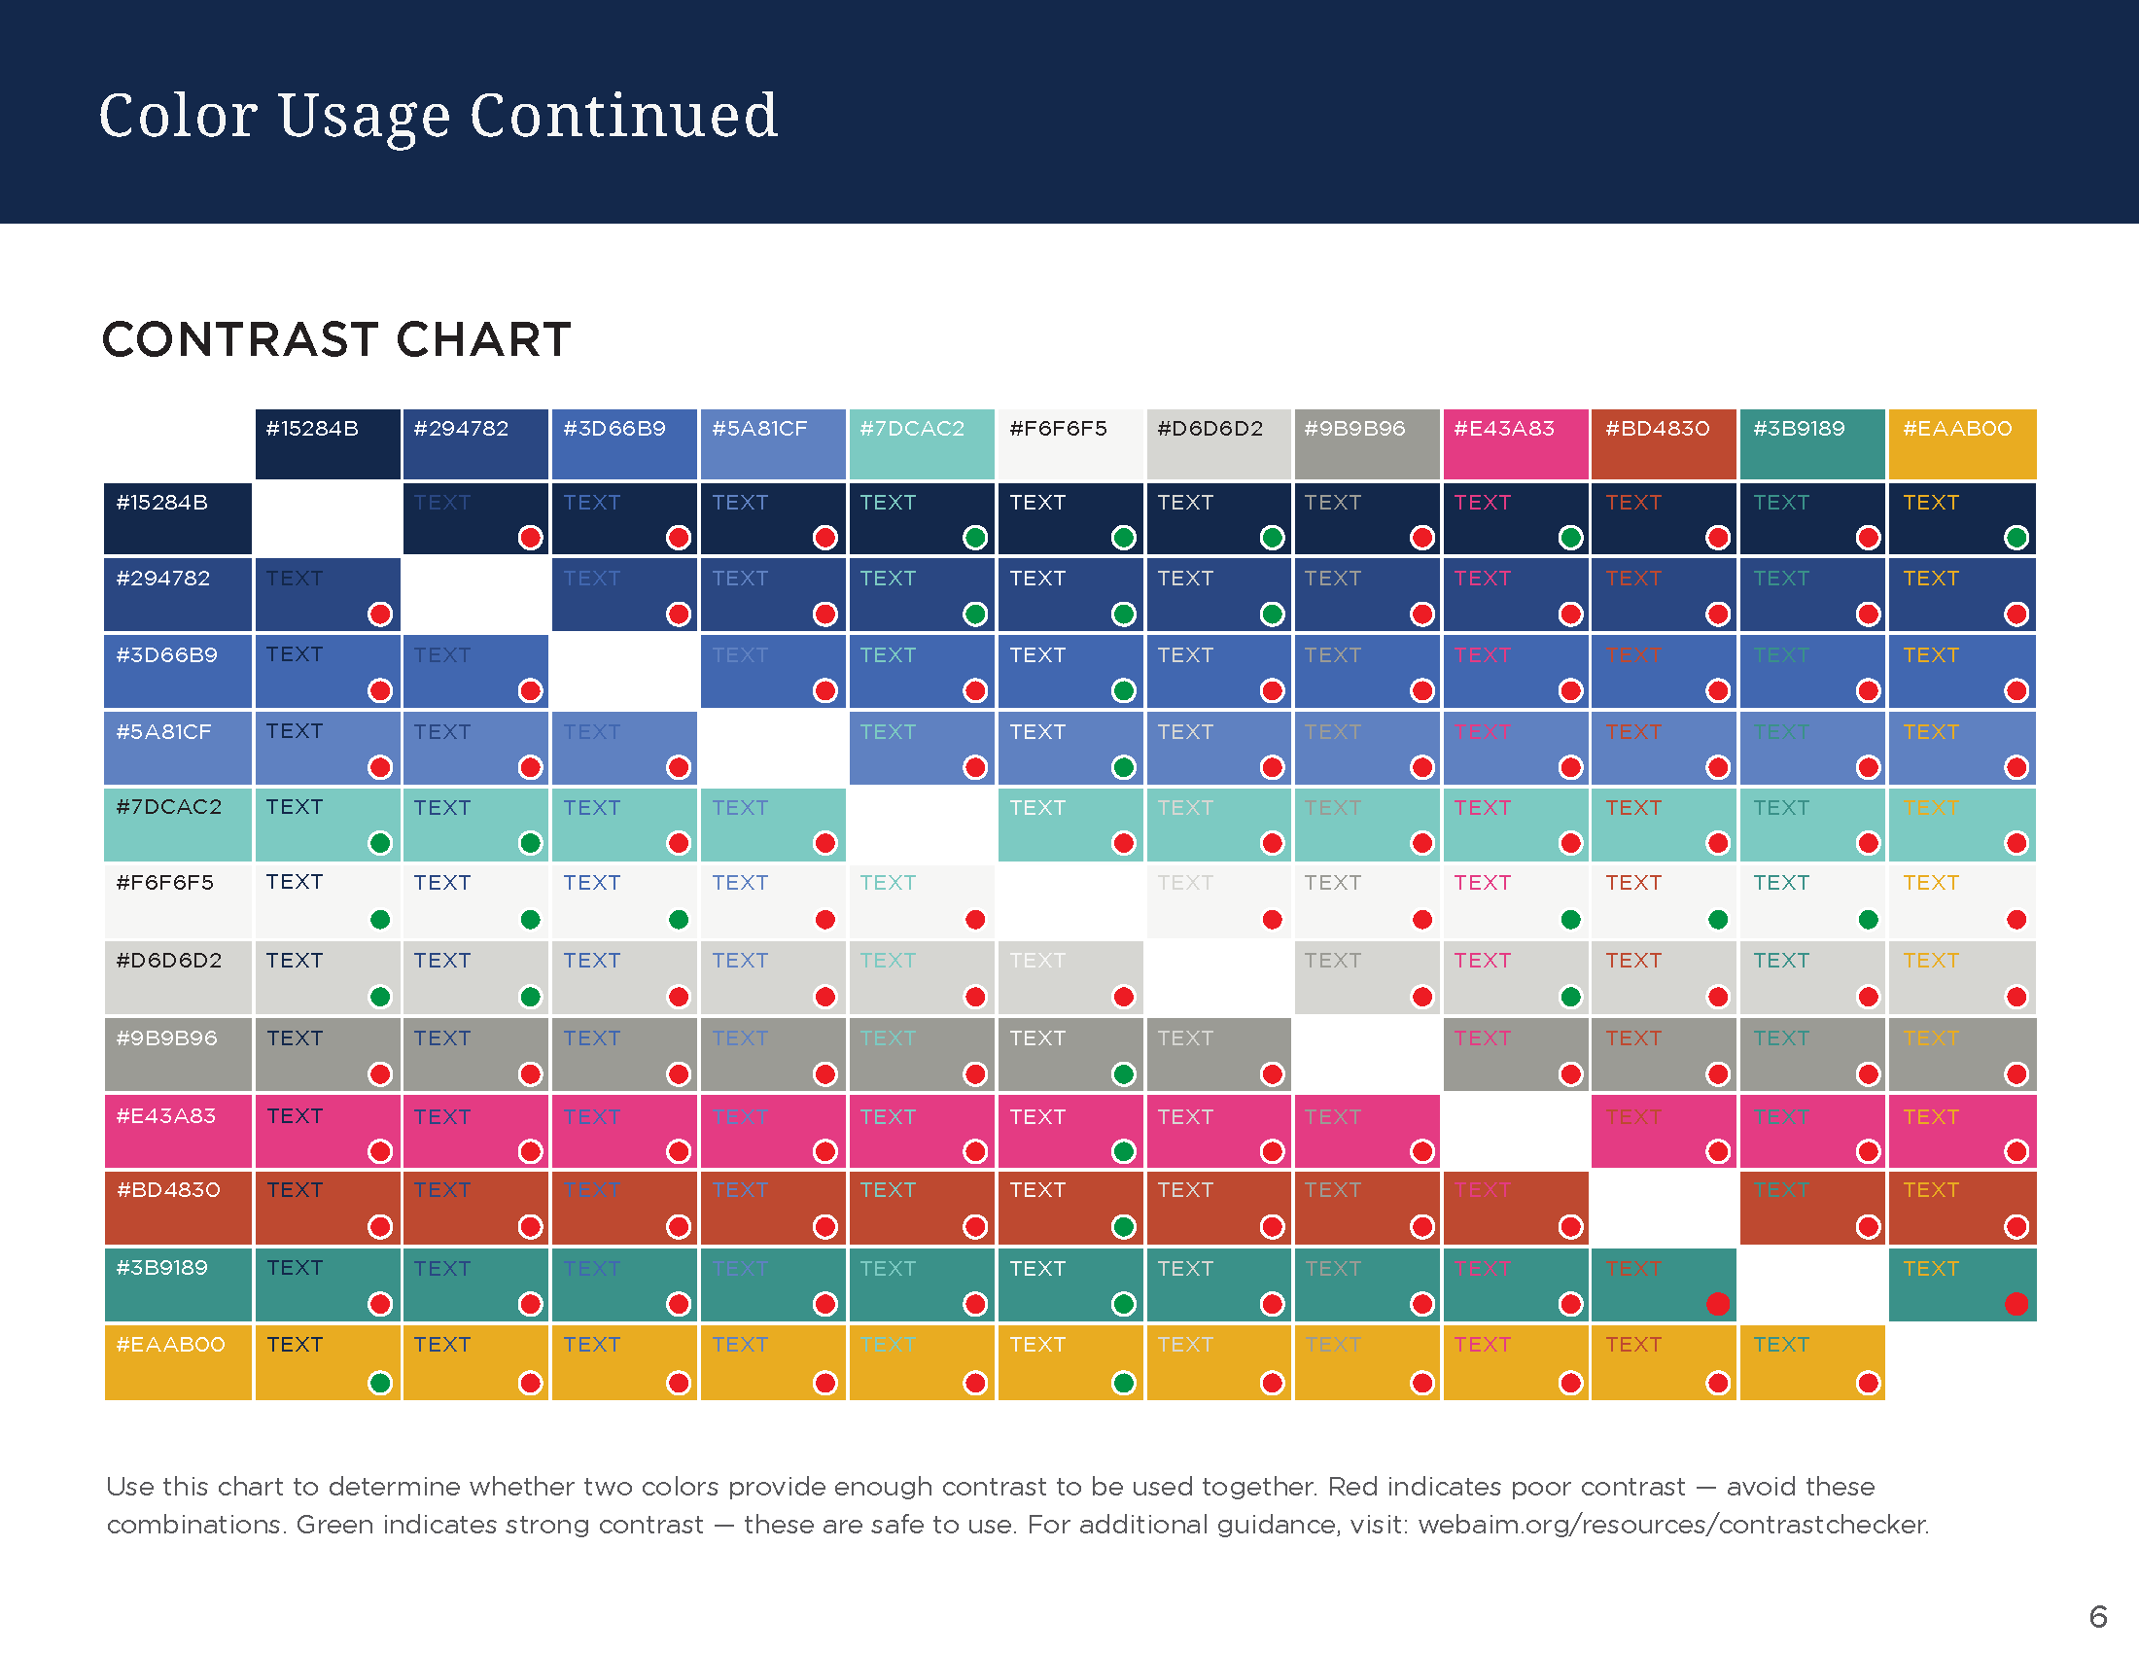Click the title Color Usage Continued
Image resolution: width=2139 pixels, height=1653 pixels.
(x=438, y=116)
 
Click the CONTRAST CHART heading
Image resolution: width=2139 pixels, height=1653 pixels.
(x=336, y=339)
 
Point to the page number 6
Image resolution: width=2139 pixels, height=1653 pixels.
(x=2098, y=1616)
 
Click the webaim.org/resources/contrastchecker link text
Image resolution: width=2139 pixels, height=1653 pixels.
(x=1673, y=1525)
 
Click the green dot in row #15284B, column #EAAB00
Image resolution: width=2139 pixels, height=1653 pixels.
(x=2016, y=537)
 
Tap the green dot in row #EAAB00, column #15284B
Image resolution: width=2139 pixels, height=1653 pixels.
(x=380, y=1382)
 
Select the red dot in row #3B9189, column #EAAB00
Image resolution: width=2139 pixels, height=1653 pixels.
(x=2016, y=1303)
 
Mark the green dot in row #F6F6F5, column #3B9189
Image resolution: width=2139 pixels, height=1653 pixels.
(x=1868, y=919)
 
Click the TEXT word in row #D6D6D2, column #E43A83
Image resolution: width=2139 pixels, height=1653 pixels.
(x=1482, y=961)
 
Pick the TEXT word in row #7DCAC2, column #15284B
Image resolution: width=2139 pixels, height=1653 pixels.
(x=294, y=807)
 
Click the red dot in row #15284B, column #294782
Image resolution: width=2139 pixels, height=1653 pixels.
(x=530, y=537)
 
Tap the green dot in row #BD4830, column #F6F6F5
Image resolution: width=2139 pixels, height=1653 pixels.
(x=1123, y=1226)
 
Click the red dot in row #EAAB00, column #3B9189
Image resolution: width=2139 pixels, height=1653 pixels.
(x=1868, y=1382)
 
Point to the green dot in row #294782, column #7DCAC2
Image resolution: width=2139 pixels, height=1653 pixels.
(x=974, y=614)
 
